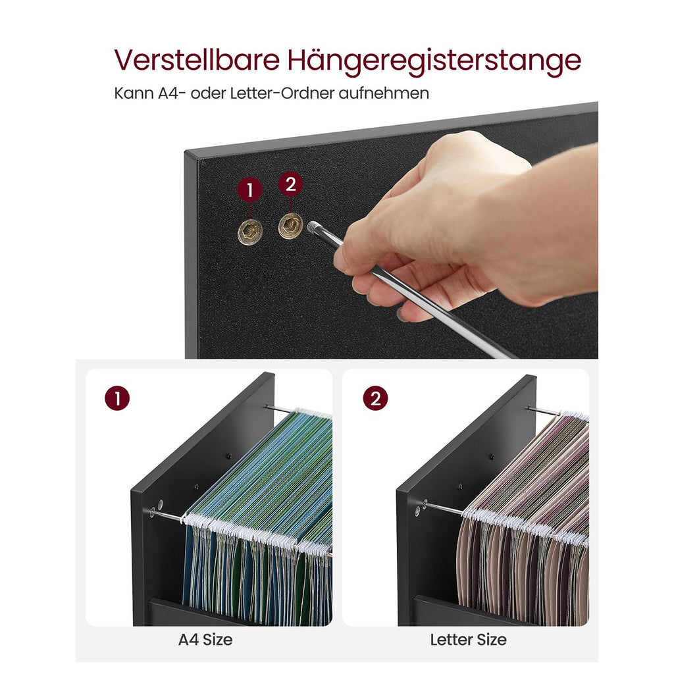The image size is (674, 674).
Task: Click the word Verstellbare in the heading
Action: [197, 60]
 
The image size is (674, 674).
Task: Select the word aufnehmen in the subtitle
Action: [384, 93]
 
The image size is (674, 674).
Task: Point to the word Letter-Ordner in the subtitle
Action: [282, 93]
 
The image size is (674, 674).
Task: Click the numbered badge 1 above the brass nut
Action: [249, 189]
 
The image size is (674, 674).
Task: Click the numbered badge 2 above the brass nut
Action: [290, 184]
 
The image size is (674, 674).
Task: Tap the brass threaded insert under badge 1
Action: [250, 232]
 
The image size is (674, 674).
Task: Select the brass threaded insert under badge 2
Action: [290, 226]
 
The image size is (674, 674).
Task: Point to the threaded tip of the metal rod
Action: [313, 226]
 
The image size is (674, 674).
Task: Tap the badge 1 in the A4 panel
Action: [117, 398]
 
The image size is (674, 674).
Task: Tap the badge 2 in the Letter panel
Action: [375, 398]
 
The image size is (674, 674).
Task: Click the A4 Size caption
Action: [205, 640]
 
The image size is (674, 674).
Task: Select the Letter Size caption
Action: [468, 640]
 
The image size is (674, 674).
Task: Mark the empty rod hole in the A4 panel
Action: [161, 504]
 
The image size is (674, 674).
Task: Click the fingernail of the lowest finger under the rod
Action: [402, 315]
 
